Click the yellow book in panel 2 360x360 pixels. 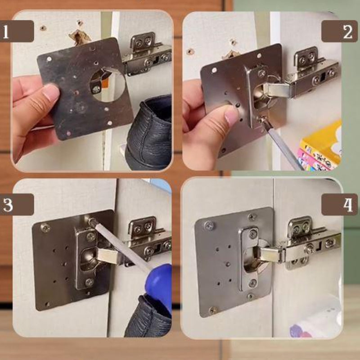pos(321,142)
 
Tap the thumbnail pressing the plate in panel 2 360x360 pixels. pos(231,116)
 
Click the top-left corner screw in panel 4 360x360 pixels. pos(209,226)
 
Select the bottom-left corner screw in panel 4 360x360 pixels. pos(213,310)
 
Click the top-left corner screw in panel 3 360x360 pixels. pos(45,228)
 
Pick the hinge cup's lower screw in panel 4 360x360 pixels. pos(253,283)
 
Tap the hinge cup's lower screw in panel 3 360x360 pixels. pos(89,282)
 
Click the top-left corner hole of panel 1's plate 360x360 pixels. pos(49,59)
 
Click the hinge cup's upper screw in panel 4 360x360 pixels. pos(253,234)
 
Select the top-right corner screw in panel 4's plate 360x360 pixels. pos(252,216)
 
